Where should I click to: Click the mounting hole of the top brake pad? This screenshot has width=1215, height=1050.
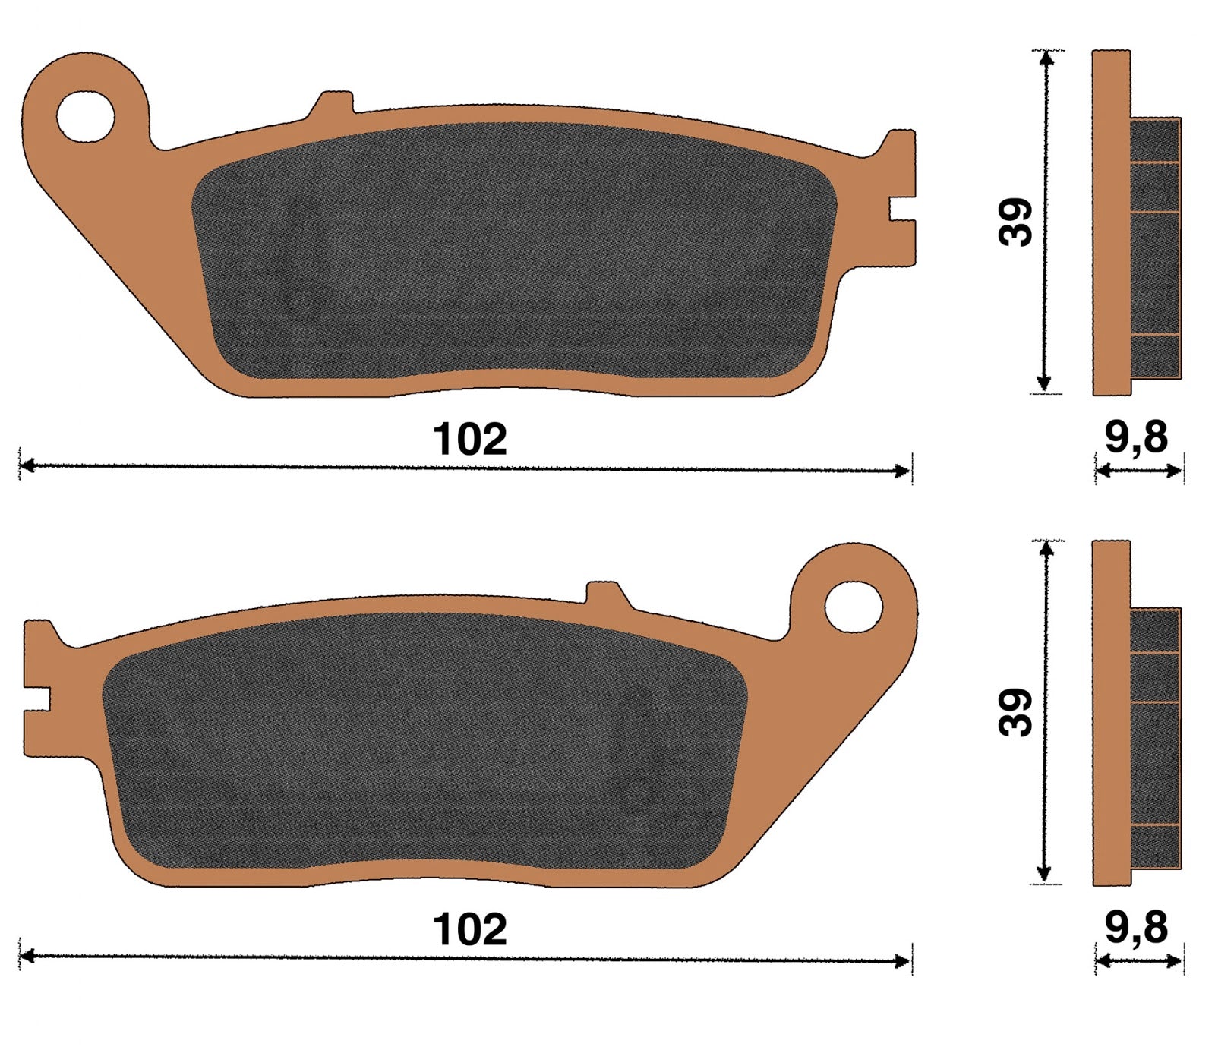pos(85,117)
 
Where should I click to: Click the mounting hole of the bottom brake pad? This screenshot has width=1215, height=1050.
pos(854,607)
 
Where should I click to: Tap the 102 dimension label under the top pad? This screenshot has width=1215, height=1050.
pos(469,440)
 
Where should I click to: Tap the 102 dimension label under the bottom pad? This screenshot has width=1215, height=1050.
pos(469,929)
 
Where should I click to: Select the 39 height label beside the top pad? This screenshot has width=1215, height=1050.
pos(1016,222)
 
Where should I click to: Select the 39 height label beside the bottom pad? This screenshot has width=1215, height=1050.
pos(1016,712)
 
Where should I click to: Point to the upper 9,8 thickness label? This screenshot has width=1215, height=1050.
pos(1136,437)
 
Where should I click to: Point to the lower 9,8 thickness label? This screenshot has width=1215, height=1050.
pos(1136,927)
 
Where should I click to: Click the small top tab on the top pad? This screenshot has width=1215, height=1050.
pos(331,105)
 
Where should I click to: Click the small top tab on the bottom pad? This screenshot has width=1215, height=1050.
pos(608,594)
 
